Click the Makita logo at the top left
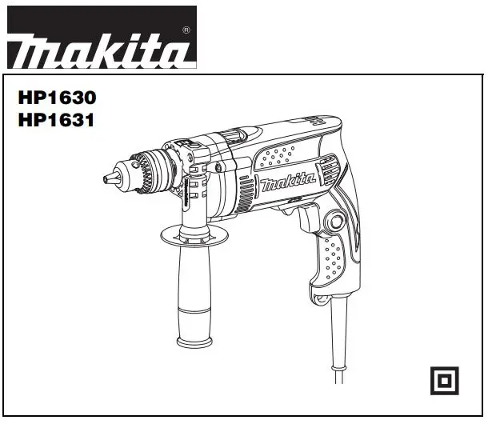point(100,50)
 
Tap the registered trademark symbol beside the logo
point(186,30)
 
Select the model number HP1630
point(56,99)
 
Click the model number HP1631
point(56,122)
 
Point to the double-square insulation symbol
point(444,380)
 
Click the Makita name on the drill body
point(286,186)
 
